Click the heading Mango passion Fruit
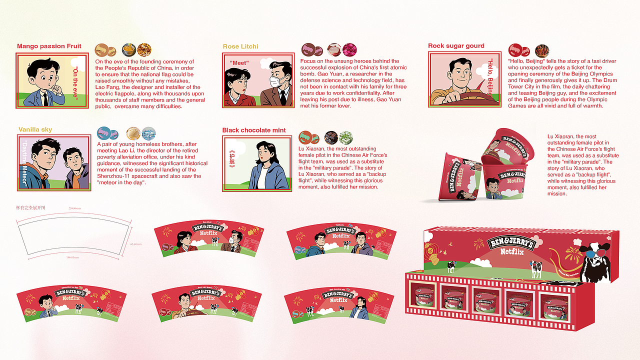click(49, 46)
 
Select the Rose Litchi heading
click(240, 46)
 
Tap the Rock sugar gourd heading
click(456, 46)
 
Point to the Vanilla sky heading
click(35, 130)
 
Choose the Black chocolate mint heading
click(254, 130)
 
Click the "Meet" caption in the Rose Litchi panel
click(239, 63)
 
